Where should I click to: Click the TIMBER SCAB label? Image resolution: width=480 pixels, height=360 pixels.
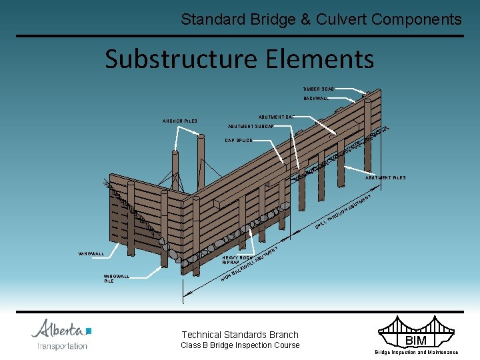tap(319, 89)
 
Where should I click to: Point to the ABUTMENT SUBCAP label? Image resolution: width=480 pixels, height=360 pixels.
tap(251, 126)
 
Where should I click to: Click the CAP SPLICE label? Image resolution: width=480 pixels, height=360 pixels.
tap(239, 141)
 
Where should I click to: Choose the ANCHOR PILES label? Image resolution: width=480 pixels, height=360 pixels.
tap(180, 121)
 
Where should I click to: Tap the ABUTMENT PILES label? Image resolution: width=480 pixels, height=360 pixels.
tap(385, 178)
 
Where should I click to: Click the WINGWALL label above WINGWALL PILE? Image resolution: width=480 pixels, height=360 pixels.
tap(91, 254)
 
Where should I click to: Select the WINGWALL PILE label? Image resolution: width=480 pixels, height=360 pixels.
tap(117, 279)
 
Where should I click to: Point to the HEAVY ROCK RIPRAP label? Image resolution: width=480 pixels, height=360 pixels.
tap(237, 260)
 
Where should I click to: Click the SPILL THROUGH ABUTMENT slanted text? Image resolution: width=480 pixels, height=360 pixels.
tap(343, 214)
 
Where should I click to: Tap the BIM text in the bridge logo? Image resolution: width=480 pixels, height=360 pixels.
tap(416, 341)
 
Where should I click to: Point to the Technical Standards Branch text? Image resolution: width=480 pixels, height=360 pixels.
tap(240, 335)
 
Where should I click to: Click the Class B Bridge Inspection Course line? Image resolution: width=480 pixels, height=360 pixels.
tap(240, 345)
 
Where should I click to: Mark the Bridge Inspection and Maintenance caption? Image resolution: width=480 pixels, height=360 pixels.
tap(416, 352)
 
